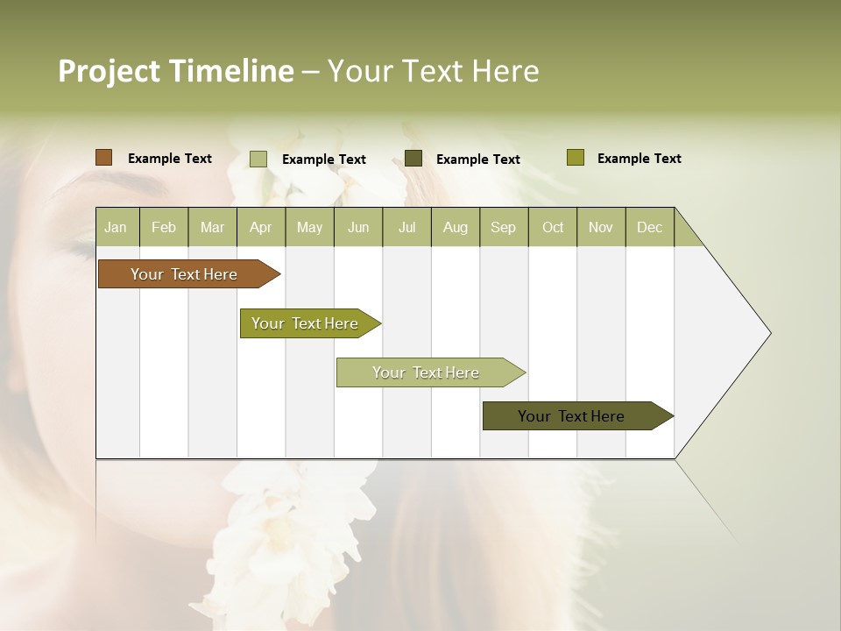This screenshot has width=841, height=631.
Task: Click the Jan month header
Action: pyautogui.click(x=116, y=227)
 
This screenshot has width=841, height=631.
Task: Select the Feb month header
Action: pyautogui.click(x=164, y=227)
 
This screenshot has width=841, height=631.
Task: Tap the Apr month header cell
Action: pyautogui.click(x=260, y=227)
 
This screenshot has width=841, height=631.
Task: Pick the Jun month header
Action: pyautogui.click(x=358, y=227)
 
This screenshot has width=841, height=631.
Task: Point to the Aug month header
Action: pyautogui.click(x=456, y=227)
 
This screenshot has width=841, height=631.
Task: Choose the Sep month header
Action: pyautogui.click(x=504, y=227)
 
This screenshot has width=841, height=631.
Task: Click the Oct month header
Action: pyautogui.click(x=553, y=227)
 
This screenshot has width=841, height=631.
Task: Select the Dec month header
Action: pyautogui.click(x=650, y=227)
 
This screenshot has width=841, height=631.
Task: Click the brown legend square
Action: pyautogui.click(x=103, y=158)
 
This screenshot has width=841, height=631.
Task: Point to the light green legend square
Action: pyautogui.click(x=258, y=159)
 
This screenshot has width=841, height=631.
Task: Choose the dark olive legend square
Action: pyautogui.click(x=413, y=159)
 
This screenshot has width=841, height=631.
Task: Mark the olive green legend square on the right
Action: pyautogui.click(x=576, y=158)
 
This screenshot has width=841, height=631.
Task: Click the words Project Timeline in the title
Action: pyautogui.click(x=175, y=71)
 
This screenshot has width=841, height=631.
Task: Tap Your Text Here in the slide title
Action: pyautogui.click(x=433, y=71)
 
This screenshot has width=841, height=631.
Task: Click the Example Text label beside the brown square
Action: pyautogui.click(x=170, y=159)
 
